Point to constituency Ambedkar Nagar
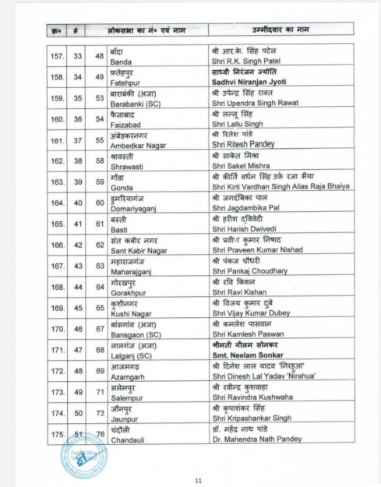coord(136,146)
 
